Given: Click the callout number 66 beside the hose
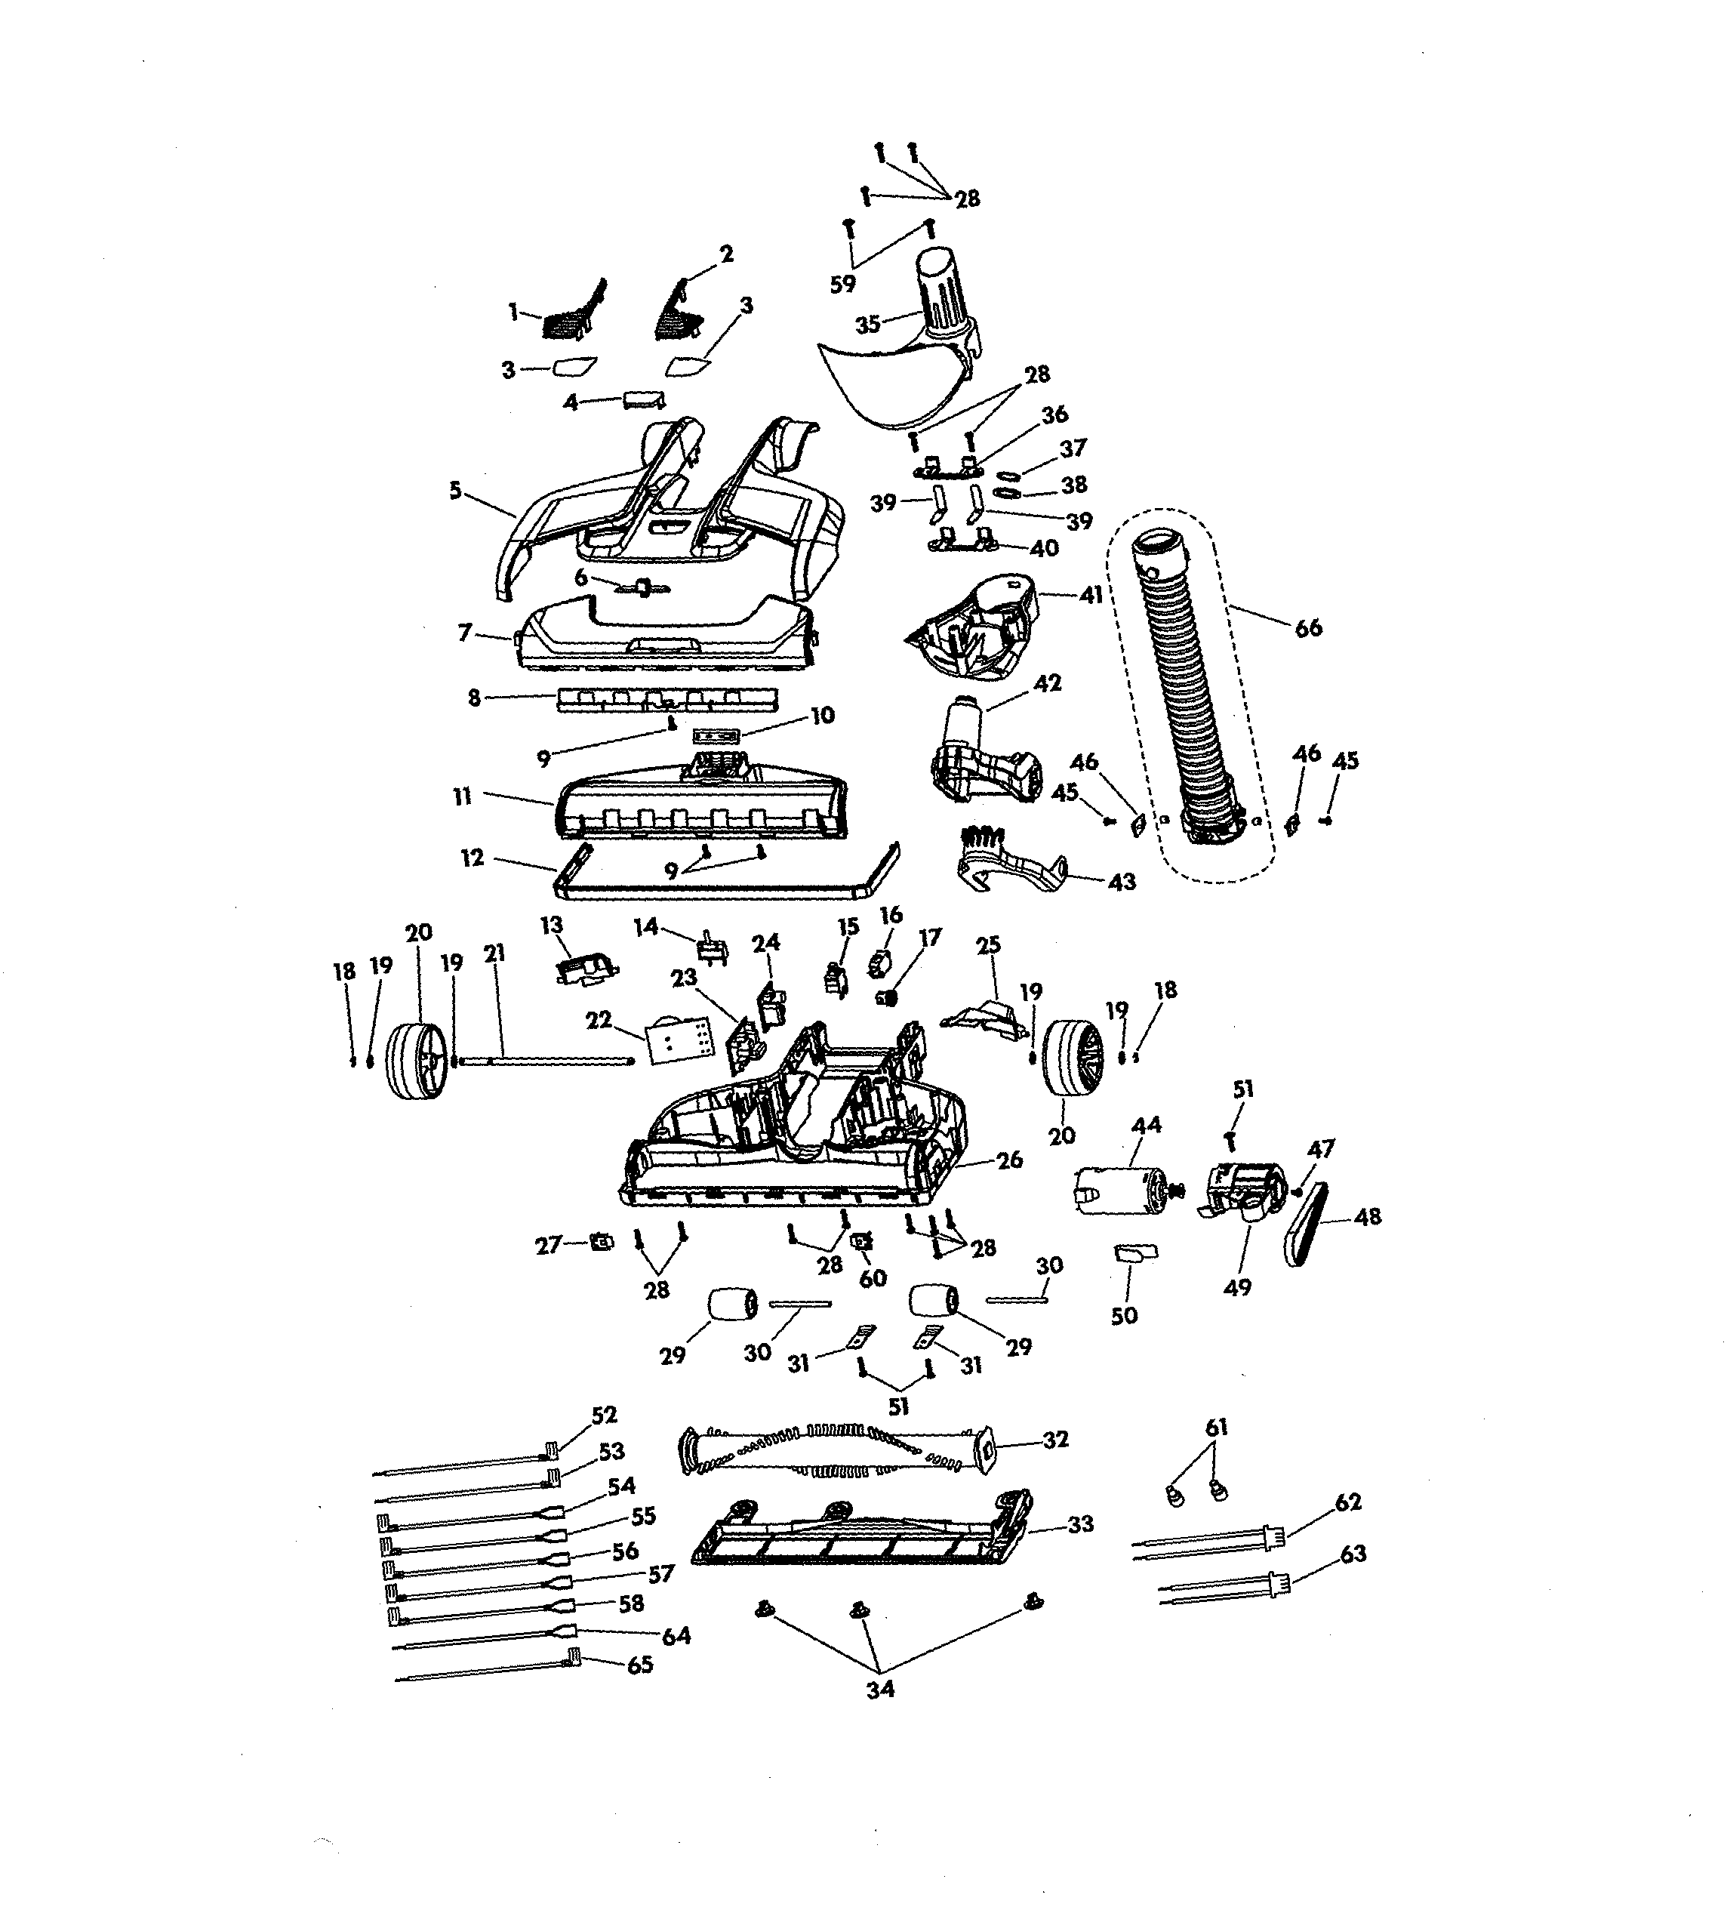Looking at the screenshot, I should [1307, 628].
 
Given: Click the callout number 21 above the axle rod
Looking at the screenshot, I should [494, 954].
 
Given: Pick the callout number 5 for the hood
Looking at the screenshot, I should [456, 491].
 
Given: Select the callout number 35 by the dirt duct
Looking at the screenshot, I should [868, 324].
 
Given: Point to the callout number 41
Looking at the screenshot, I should [1091, 596].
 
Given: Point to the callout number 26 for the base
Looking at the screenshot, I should [1010, 1160].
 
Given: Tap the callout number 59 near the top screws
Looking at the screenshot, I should [842, 284].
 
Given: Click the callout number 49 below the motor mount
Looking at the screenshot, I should [1237, 1287].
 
